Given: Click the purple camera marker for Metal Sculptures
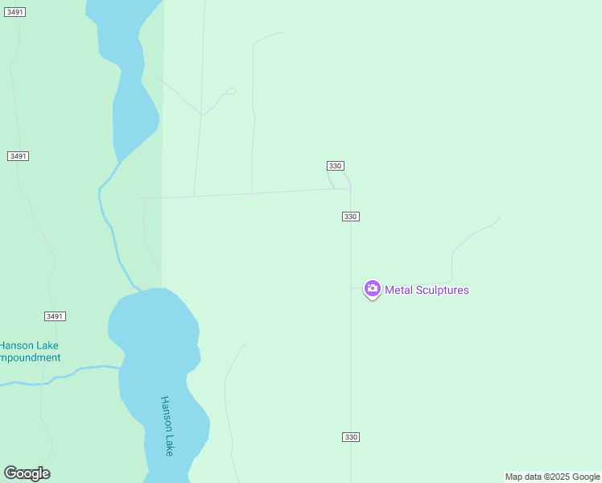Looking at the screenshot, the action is coord(372,288).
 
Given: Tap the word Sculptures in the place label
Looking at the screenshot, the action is coord(441,291).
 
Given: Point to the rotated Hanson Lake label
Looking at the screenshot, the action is coord(167,426).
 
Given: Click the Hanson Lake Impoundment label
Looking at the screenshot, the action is coord(29,352).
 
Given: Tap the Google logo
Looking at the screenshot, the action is coord(27,473).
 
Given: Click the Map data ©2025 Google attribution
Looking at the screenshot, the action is coord(553,477).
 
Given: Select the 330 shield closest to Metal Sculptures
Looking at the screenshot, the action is coord(350,217).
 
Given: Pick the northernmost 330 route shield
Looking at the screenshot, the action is coord(336,166).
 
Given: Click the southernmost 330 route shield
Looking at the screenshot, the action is coord(350,437).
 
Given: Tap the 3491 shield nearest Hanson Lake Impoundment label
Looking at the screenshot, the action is coord(55,316).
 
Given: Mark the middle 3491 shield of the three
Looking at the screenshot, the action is coord(18,156).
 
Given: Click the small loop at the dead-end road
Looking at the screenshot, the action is coord(230,92).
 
